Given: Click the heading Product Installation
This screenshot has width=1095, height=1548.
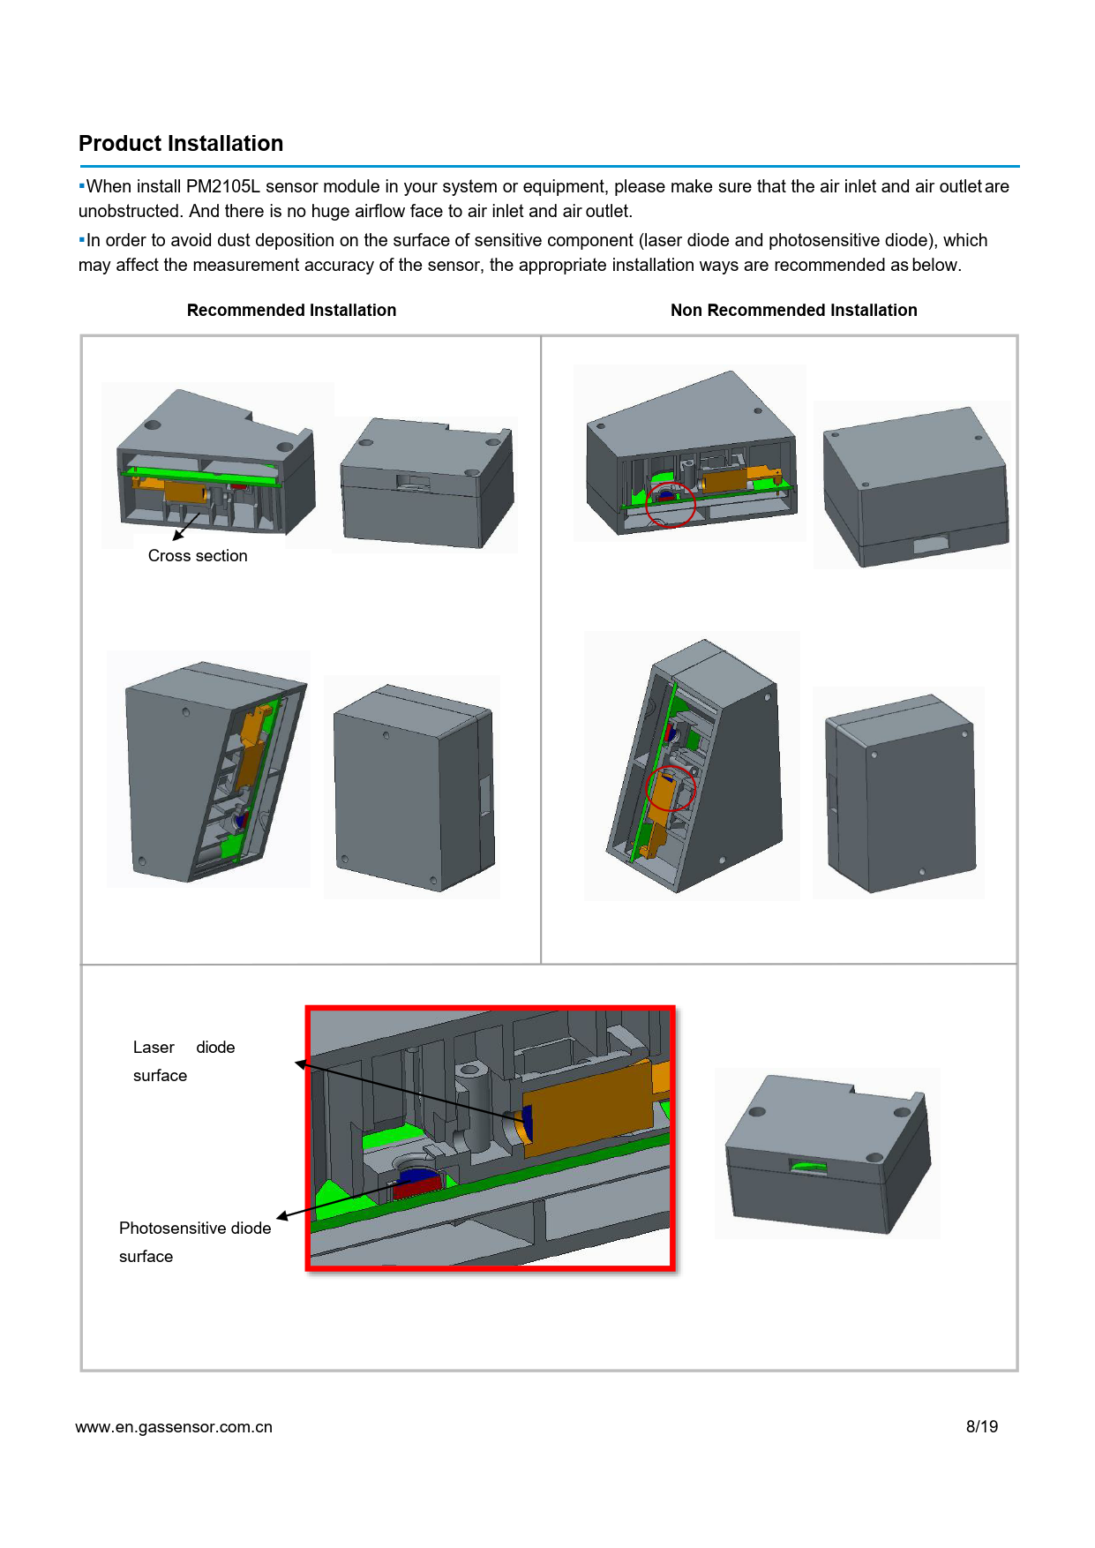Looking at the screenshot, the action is tap(181, 144).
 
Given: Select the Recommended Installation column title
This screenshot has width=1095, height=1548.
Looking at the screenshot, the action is tap(291, 311).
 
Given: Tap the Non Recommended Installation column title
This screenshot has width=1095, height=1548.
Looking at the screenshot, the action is tap(793, 311).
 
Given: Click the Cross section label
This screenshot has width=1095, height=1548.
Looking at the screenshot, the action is tap(198, 556).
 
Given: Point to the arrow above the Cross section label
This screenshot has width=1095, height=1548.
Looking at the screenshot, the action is tap(186, 526).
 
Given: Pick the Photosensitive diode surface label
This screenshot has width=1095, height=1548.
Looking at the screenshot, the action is tap(195, 1242).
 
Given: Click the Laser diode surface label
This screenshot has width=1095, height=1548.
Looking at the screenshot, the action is tap(184, 1061).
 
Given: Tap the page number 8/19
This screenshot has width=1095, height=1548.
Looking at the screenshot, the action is tap(982, 1426).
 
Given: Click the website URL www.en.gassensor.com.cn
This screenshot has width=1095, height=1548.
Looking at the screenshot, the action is tap(174, 1427).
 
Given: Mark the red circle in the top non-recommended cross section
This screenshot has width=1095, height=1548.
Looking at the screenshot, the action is tap(671, 504).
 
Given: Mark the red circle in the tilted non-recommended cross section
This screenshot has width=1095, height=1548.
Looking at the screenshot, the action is tap(671, 790).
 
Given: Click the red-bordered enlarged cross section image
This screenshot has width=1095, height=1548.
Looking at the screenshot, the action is tap(491, 1138).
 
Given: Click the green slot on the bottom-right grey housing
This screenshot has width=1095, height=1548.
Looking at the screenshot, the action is tap(809, 1168).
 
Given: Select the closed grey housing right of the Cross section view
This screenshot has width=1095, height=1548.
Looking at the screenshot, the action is tap(427, 483).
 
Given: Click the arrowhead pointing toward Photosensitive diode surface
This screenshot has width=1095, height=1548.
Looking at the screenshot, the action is tap(283, 1217).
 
